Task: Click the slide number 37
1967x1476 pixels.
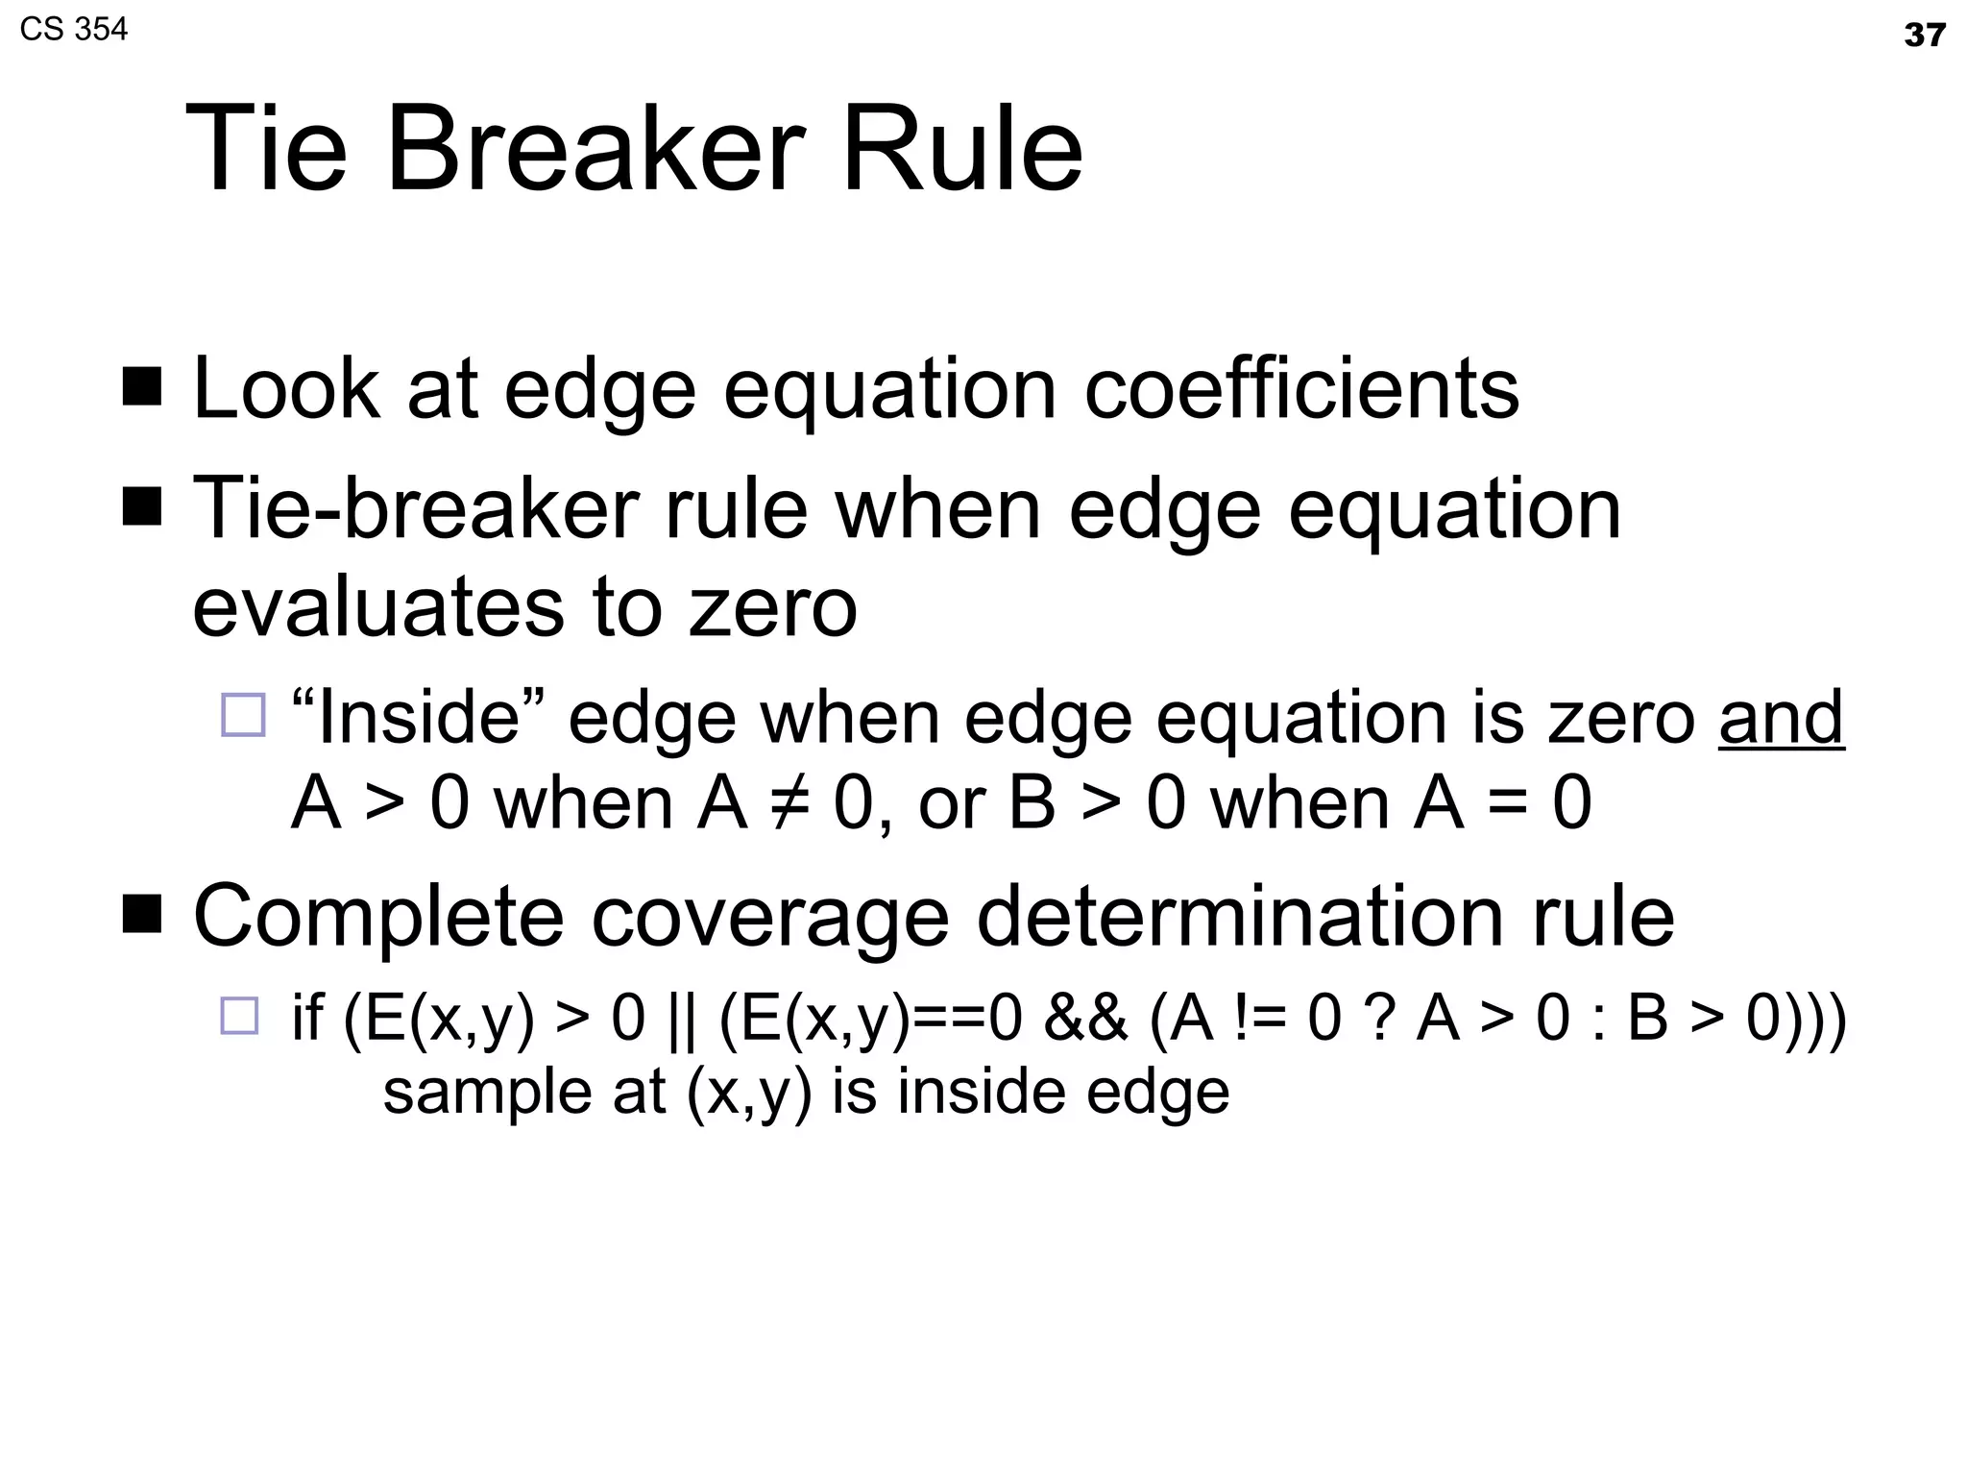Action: (1924, 36)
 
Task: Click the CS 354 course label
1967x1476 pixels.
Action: (73, 30)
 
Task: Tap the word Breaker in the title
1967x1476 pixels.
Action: (595, 151)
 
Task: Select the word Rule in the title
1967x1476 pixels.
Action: (962, 151)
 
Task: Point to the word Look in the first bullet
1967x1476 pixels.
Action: (286, 389)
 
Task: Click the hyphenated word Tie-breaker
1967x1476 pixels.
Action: (415, 508)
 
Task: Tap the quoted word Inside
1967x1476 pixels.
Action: (418, 717)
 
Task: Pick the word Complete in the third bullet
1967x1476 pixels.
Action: (378, 916)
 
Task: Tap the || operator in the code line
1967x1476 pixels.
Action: (681, 1018)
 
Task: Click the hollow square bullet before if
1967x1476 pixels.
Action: (240, 1016)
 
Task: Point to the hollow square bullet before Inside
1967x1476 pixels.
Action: (243, 715)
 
